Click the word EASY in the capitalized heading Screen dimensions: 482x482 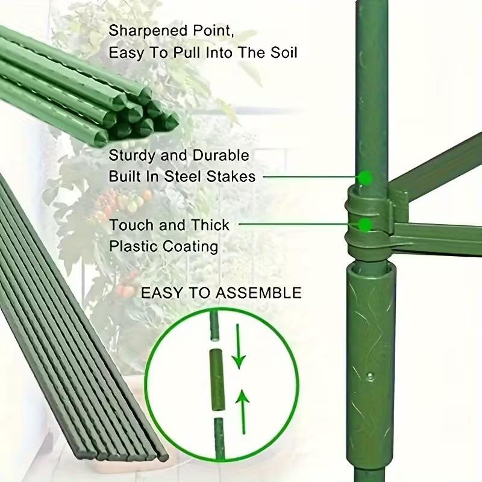pos(160,293)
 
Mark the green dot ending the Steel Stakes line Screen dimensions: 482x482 pos(365,177)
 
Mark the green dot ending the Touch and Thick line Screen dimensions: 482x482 pos(365,225)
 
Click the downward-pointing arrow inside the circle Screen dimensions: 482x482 pos(239,346)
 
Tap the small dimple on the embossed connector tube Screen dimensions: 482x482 pos(370,378)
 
